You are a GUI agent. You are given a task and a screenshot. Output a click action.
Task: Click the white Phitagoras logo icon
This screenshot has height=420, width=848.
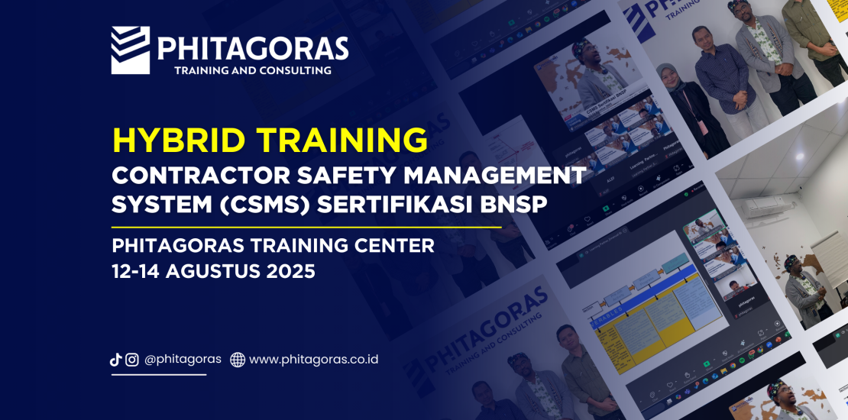[130, 50]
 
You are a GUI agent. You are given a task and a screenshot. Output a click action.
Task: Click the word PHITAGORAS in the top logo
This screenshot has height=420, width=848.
[253, 48]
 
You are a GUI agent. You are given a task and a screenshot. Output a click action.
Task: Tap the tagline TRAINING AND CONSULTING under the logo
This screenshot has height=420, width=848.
[253, 71]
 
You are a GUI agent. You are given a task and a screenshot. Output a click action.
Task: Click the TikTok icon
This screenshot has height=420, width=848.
[116, 360]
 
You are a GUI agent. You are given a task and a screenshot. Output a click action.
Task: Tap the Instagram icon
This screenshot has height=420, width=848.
[132, 360]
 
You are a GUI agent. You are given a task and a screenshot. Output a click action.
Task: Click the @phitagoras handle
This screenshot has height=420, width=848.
[183, 359]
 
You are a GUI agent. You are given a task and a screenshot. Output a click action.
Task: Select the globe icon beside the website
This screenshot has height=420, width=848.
[238, 360]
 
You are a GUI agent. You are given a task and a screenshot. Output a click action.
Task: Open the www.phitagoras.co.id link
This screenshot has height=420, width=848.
[313, 359]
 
